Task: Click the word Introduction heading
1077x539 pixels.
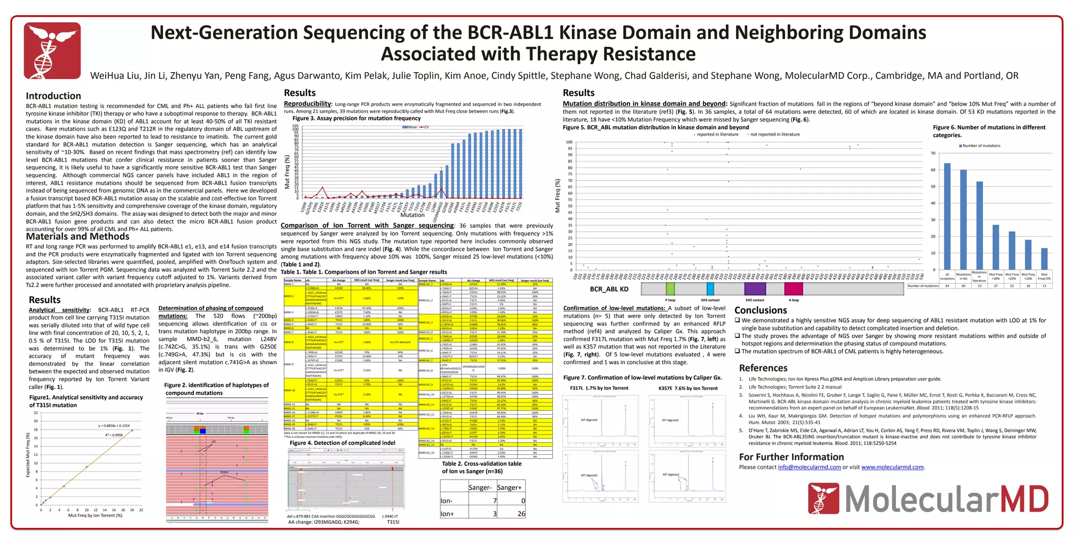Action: click(x=53, y=96)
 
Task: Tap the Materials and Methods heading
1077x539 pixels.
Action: click(x=77, y=236)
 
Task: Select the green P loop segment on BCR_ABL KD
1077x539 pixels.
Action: click(x=670, y=288)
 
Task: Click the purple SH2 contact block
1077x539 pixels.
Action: click(x=755, y=288)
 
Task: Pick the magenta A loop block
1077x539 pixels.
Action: click(x=794, y=288)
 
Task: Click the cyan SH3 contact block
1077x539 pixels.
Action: click(x=710, y=288)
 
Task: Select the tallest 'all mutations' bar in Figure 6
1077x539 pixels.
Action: click(x=947, y=216)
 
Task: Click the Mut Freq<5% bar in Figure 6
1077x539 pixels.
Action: click(x=1044, y=259)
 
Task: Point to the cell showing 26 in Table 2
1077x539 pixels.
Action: click(x=521, y=514)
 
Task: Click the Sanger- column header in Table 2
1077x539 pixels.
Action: click(x=480, y=488)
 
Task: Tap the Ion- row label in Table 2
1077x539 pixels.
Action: click(x=446, y=501)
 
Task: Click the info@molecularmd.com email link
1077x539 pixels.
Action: click(x=809, y=467)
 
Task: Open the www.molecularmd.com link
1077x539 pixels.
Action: click(x=892, y=467)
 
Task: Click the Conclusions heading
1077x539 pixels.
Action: click(x=760, y=310)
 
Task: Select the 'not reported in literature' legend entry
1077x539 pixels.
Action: click(x=774, y=134)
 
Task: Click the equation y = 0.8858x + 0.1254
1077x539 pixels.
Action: click(x=114, y=425)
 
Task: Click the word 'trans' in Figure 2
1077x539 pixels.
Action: click(x=225, y=472)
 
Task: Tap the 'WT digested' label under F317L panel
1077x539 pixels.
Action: click(x=589, y=420)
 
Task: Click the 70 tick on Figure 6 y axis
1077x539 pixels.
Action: click(x=933, y=154)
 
